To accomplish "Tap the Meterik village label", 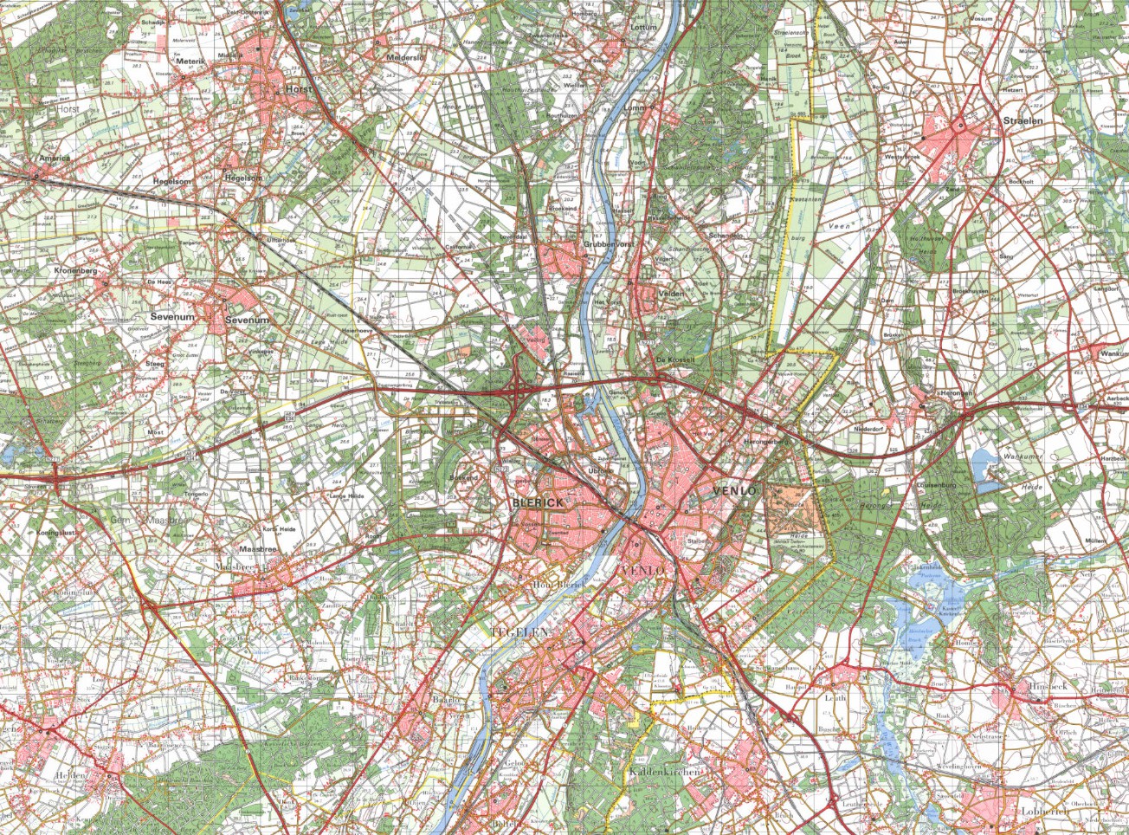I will tap(190, 61).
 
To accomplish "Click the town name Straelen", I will tap(1023, 121).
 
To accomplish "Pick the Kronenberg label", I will tap(78, 271).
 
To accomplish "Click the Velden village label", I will tap(671, 294).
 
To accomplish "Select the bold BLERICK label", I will tap(538, 502).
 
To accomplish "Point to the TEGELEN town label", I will tap(520, 633).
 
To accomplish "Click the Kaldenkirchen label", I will tap(664, 771).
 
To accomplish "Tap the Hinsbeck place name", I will tap(1051, 685).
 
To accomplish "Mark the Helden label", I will tap(70, 775).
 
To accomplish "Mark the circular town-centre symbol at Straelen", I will tap(959, 127).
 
